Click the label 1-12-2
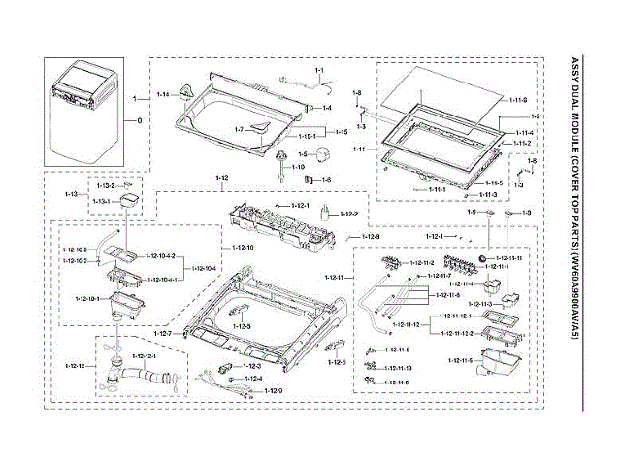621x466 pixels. pyautogui.click(x=346, y=215)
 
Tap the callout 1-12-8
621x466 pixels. pyautogui.click(x=372, y=237)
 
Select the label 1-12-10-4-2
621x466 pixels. pyautogui.click(x=160, y=256)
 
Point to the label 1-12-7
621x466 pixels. pyautogui.click(x=162, y=334)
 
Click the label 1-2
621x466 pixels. pyautogui.click(x=534, y=116)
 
